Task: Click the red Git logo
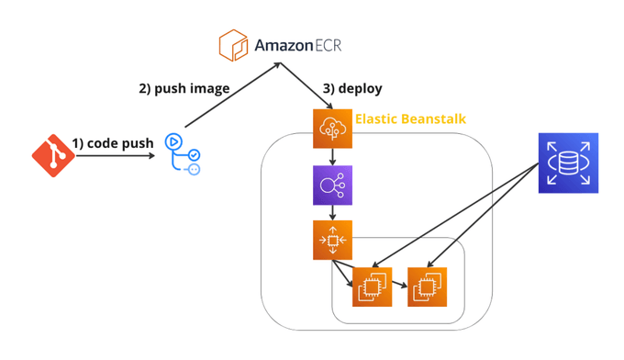coord(53,155)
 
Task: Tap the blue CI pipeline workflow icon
coord(183,154)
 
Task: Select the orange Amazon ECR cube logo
coord(233,45)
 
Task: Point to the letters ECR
coord(329,45)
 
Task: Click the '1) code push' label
coord(113,143)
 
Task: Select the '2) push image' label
coord(184,88)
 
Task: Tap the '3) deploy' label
coord(352,88)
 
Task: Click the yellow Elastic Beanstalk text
coord(410,118)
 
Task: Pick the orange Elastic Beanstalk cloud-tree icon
coord(333,129)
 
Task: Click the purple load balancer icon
coord(333,186)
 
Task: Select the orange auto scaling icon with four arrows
coord(333,240)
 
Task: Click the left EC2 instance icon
coord(372,287)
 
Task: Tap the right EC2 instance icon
coord(427,287)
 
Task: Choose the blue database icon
coord(568,163)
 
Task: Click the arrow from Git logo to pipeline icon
coord(115,156)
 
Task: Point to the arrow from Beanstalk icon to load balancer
coord(333,157)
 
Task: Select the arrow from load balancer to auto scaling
coord(333,213)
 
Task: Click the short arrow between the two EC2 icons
coord(399,284)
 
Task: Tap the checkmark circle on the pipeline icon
coord(195,155)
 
